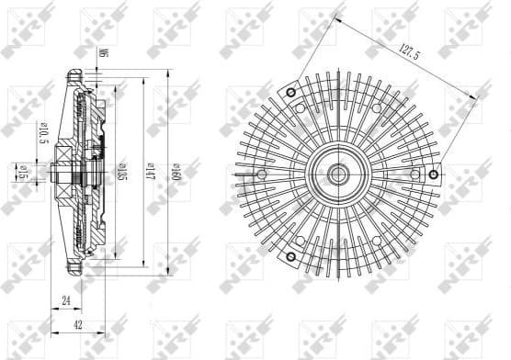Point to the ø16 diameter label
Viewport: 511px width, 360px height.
(20, 171)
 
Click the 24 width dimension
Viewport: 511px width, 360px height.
(65, 298)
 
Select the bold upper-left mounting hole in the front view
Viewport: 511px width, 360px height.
(290, 93)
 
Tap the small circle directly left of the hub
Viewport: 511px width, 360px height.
(262, 174)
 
